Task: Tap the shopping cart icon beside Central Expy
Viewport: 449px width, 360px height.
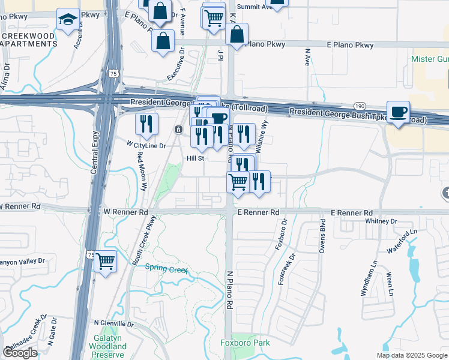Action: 106,262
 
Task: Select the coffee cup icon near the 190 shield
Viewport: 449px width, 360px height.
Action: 398,112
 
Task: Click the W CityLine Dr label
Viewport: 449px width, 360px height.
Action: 145,145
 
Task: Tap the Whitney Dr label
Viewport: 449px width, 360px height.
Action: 381,221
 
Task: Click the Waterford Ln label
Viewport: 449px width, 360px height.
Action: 402,241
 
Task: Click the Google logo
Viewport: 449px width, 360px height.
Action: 20,353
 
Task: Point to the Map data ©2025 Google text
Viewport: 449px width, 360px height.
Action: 411,355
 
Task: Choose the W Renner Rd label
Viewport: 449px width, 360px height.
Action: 125,212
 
